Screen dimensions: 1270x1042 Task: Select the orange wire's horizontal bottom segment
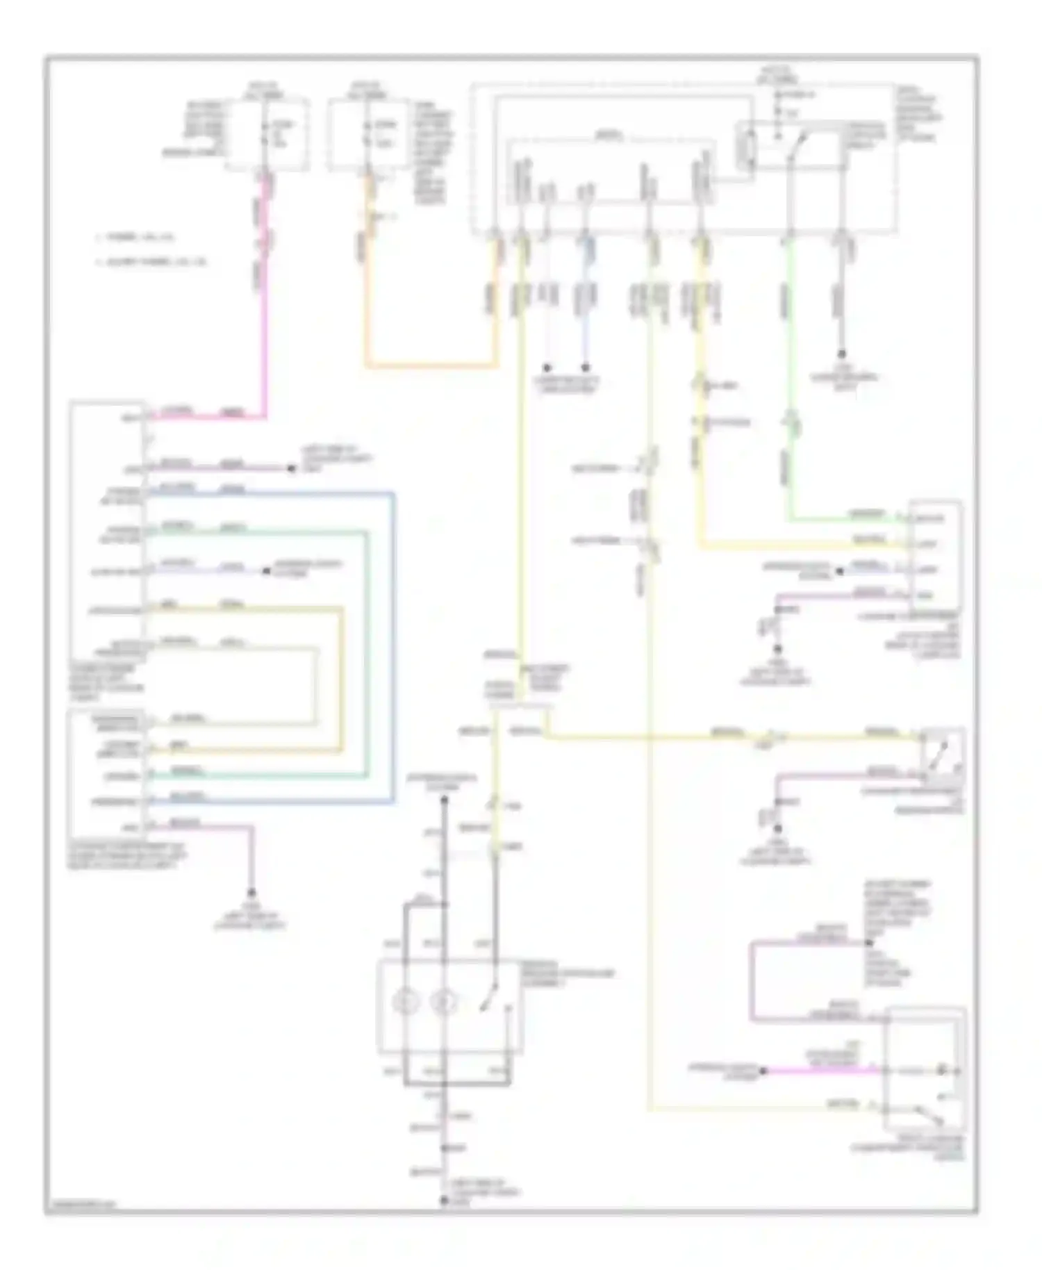tap(431, 365)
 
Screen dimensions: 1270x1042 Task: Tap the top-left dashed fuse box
tap(267, 134)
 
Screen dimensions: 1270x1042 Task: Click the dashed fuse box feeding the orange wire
tap(368, 134)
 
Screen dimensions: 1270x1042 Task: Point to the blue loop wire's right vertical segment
tap(393, 646)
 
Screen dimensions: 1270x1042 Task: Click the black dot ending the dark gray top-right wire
tap(842, 353)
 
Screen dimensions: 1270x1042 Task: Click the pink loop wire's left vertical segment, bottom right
tap(752, 981)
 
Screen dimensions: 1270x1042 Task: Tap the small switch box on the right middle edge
tap(942, 752)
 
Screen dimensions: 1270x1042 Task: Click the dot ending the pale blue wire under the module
tap(586, 368)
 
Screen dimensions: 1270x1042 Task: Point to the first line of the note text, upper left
tap(135, 238)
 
